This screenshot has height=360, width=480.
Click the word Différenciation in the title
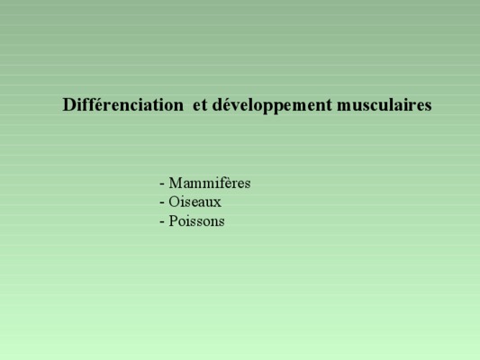[x=123, y=104]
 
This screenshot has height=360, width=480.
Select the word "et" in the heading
[x=200, y=105]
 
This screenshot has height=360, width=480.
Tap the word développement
[x=272, y=106]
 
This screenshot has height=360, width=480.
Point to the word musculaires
[x=385, y=105]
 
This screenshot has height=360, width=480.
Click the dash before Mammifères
[x=162, y=184]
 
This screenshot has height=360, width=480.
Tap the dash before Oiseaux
[x=162, y=203]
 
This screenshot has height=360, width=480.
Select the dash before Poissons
[x=162, y=222]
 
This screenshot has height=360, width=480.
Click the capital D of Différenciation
[x=68, y=105]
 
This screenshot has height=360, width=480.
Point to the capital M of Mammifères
[x=176, y=184]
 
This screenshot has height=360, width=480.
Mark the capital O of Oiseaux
[x=174, y=202]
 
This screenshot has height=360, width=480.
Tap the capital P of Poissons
[x=173, y=220]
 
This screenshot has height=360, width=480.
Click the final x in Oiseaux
[x=217, y=204]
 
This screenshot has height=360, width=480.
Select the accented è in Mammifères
[x=231, y=184]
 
